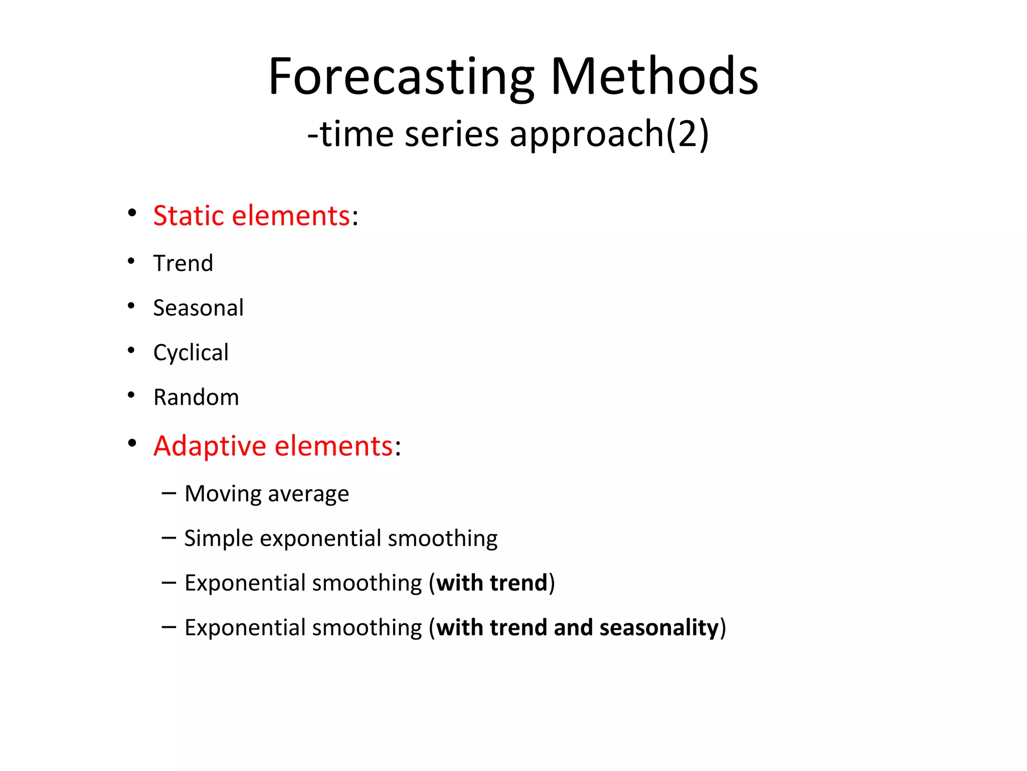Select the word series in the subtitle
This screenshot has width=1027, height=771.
(x=451, y=134)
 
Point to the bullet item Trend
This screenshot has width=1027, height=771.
(x=183, y=264)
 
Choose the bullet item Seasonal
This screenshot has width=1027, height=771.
(x=198, y=308)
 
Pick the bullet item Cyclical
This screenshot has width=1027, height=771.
(x=191, y=352)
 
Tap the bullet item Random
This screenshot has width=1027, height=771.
(x=196, y=397)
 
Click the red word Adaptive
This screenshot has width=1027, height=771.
(x=210, y=446)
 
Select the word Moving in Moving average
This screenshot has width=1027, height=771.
(x=223, y=494)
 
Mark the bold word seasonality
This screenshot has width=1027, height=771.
(x=659, y=627)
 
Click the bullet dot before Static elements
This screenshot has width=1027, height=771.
(x=132, y=213)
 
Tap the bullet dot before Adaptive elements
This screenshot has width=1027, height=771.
(x=132, y=443)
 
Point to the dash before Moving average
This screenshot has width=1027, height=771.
(x=169, y=493)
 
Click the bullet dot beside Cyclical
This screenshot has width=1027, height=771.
(x=131, y=350)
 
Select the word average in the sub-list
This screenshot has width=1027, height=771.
(x=308, y=494)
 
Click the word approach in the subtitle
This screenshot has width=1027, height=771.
(x=587, y=134)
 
